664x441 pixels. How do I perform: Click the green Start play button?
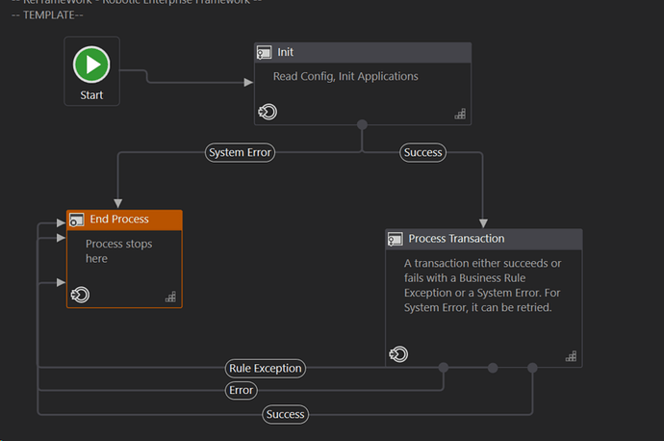pos(91,65)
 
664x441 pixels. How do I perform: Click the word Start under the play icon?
pos(91,95)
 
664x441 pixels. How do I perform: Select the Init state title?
pos(286,52)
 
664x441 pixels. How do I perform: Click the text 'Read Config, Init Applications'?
pos(345,76)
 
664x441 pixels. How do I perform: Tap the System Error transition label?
pos(241,152)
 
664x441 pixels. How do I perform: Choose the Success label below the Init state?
pos(422,152)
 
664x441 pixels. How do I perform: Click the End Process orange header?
pos(124,220)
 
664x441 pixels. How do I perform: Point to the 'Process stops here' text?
pos(118,251)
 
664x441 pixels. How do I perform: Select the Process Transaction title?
pos(456,239)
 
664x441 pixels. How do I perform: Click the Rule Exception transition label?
pos(266,368)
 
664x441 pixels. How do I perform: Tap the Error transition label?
pos(241,390)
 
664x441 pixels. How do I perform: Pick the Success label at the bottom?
pos(285,414)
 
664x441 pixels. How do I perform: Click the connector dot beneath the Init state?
pos(362,124)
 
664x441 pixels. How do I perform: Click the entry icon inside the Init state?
pos(268,113)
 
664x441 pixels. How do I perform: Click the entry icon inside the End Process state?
pos(81,295)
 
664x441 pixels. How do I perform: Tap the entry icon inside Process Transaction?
pos(398,354)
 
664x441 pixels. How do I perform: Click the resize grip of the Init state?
pos(460,114)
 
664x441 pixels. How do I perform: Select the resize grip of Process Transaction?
pos(571,355)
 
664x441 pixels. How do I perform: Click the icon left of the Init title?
pos(264,52)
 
